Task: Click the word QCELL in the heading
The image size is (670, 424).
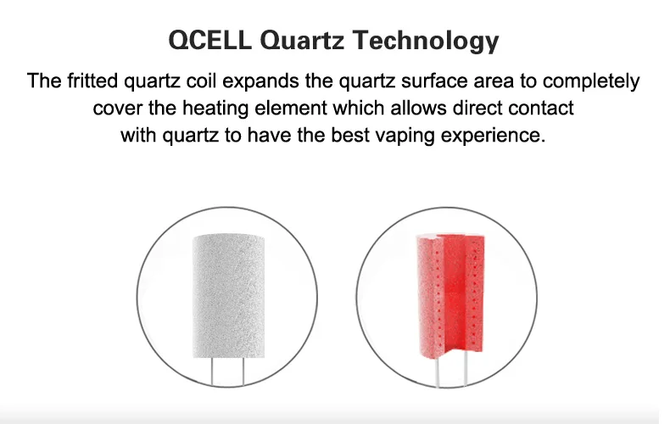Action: tap(209, 40)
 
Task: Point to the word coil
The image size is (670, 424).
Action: tap(202, 81)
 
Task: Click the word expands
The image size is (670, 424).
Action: tap(260, 81)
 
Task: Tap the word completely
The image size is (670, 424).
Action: tap(591, 81)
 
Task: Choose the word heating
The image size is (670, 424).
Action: tap(215, 109)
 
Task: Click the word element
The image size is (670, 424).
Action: tap(291, 108)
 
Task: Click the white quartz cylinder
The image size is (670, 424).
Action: tap(229, 296)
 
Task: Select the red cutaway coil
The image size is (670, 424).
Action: tap(450, 296)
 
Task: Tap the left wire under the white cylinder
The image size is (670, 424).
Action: tap(212, 371)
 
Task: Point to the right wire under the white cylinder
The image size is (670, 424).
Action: tap(243, 371)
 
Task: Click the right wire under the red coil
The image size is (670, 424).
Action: tap(466, 369)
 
